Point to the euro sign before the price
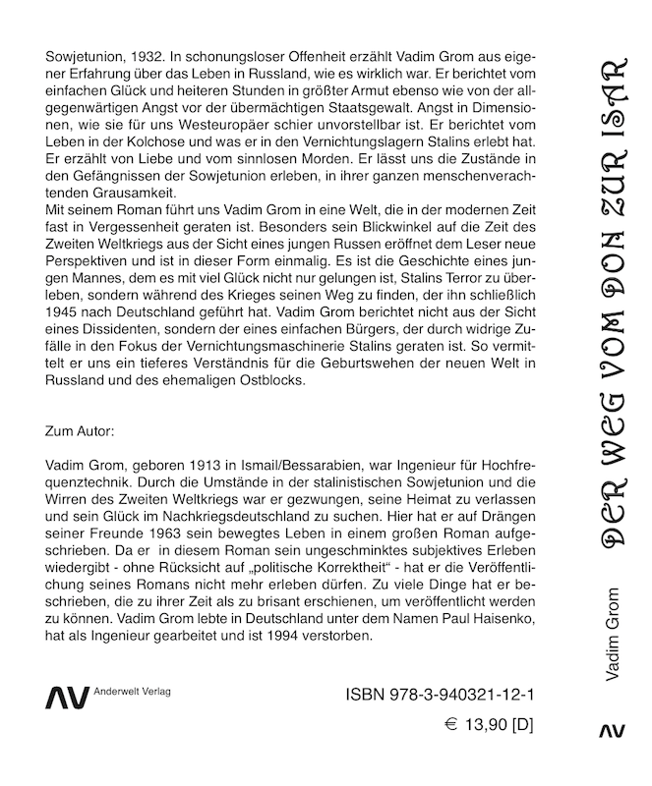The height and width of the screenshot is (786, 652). [x=452, y=728]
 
